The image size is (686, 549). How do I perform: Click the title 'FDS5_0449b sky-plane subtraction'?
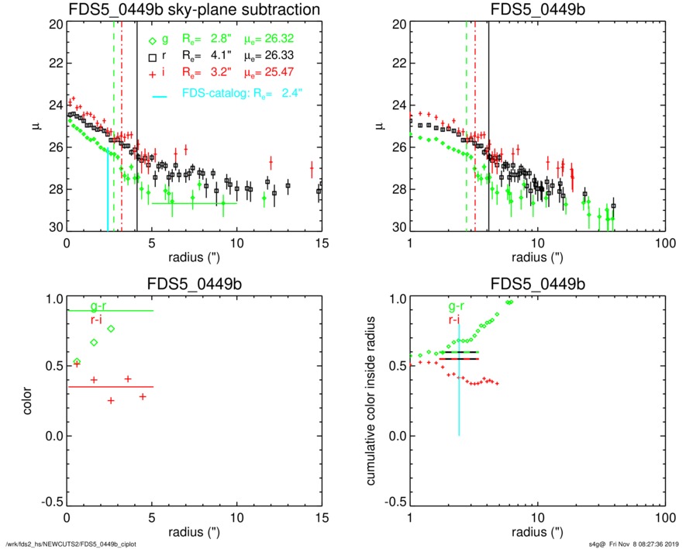coord(194,9)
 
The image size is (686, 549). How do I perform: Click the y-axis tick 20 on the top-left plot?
coord(55,24)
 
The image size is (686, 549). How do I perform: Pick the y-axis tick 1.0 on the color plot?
coord(52,299)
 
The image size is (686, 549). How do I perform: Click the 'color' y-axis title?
coord(29,400)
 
